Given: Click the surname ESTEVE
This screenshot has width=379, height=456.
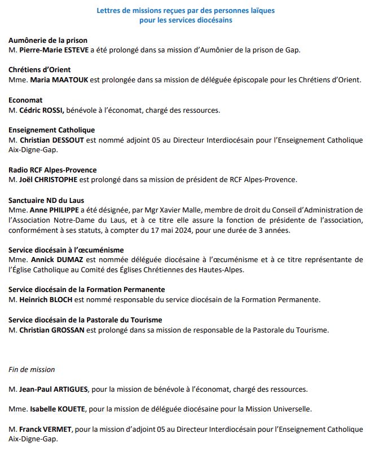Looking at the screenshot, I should click(89, 50).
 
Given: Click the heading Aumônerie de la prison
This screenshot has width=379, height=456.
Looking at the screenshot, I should click(48, 40).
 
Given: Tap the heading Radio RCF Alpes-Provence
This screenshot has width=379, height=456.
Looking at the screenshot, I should click(52, 170).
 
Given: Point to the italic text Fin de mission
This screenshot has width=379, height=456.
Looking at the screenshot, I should click(32, 370).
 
